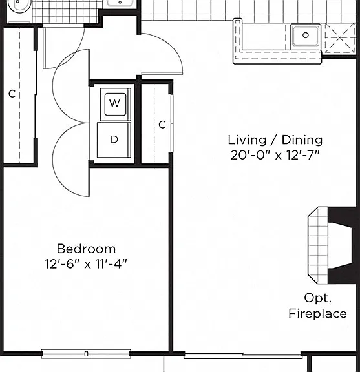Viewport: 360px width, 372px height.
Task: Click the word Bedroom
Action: coord(86,249)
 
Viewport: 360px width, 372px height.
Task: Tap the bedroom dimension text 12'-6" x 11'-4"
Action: coord(86,264)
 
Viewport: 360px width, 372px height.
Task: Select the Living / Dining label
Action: coord(275,140)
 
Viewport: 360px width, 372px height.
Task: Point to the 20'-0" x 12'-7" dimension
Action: coord(275,156)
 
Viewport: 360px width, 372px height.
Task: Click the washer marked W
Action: coord(115,105)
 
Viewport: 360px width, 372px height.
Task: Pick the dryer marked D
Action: coord(114,140)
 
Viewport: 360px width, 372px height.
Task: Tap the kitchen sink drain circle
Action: coord(306,36)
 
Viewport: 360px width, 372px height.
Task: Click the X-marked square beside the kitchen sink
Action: coord(341,38)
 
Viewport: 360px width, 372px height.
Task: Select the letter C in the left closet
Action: coord(12,94)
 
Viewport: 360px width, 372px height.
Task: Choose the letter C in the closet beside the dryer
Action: coord(162,125)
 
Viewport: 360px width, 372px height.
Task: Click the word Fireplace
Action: coord(317,314)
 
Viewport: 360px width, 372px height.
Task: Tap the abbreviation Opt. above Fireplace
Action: coord(317,298)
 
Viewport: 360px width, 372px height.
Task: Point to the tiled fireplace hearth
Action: coord(318,245)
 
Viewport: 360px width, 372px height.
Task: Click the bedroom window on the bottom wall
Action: coord(86,354)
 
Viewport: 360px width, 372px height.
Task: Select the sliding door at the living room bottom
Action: coord(243,355)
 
